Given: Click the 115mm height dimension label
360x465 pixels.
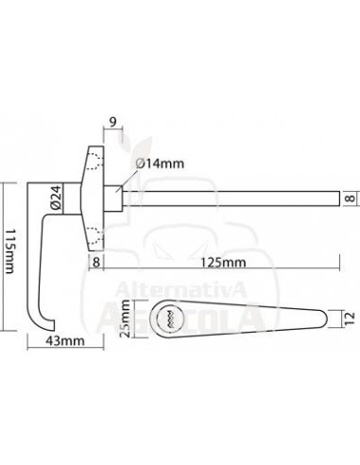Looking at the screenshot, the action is (x=10, y=250).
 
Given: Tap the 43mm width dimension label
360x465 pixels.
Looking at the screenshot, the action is (x=65, y=340).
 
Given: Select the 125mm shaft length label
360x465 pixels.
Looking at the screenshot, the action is (x=223, y=262).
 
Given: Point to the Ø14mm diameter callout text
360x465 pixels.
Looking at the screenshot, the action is (x=160, y=164).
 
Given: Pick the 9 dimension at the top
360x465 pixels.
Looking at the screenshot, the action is (x=113, y=122).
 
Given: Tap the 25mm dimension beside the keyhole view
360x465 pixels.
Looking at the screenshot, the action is (x=126, y=319).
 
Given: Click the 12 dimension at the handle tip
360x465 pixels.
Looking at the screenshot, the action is (x=351, y=319).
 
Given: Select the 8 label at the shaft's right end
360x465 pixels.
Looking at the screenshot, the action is (x=351, y=198).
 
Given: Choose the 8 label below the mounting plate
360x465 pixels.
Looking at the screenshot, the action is (x=96, y=262).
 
